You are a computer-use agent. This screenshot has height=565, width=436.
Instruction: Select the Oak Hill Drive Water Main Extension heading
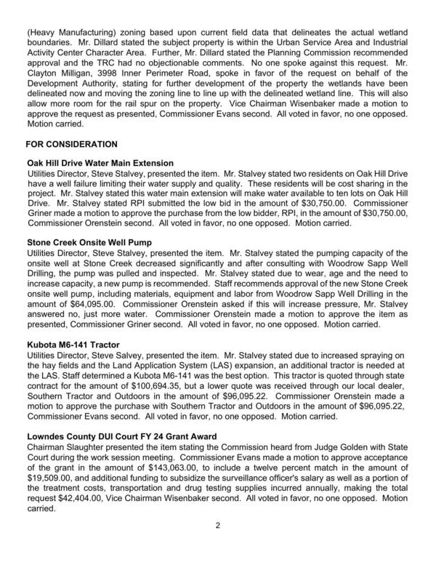click(100, 163)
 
